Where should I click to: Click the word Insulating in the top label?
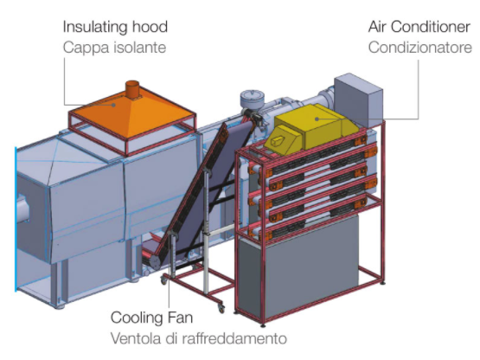[x=95, y=28]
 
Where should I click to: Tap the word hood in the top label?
[x=150, y=27]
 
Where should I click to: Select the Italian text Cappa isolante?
[x=114, y=48]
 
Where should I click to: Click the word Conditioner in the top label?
[x=431, y=27]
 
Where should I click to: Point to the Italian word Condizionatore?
[x=420, y=48]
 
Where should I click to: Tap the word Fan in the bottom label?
[x=182, y=318]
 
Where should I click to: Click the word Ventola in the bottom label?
[x=135, y=338]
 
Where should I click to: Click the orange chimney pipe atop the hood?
[x=132, y=89]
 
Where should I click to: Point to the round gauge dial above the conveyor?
[x=253, y=99]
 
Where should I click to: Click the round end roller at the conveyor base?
[x=155, y=262]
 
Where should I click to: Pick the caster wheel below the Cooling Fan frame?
[x=221, y=309]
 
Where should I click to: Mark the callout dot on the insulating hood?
[x=113, y=105]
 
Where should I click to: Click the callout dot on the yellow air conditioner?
[x=317, y=119]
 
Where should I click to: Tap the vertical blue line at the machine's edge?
[x=16, y=219]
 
